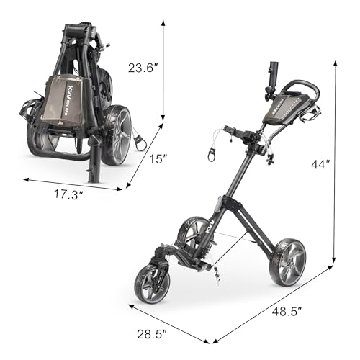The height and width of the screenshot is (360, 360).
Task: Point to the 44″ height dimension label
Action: pyautogui.click(x=320, y=164)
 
